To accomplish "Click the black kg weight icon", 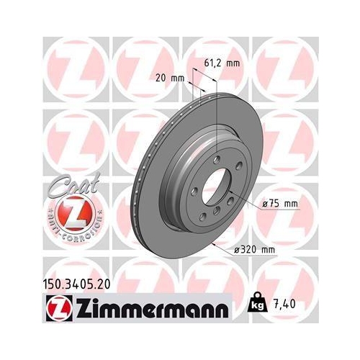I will click(257, 307).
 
